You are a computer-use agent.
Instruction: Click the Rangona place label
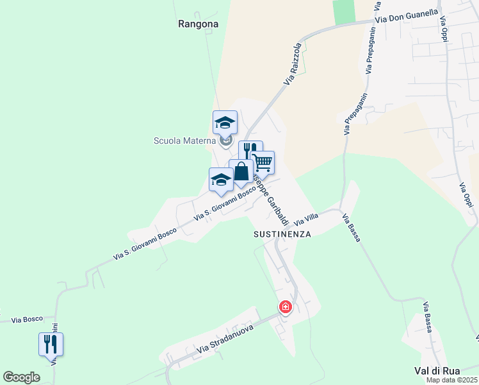[x=199, y=24]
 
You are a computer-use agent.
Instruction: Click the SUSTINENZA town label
[x=282, y=234]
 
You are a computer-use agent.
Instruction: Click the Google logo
[x=22, y=377]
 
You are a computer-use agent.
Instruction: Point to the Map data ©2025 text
[x=451, y=380]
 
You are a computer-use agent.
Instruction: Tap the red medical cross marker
[x=286, y=307]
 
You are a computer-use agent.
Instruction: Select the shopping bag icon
[x=241, y=171]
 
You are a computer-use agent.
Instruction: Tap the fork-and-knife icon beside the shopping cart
[x=250, y=151]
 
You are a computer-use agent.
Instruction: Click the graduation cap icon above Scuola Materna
[x=225, y=121]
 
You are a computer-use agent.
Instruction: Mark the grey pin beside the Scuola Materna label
[x=225, y=140]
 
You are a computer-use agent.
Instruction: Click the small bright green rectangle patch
[x=344, y=12]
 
